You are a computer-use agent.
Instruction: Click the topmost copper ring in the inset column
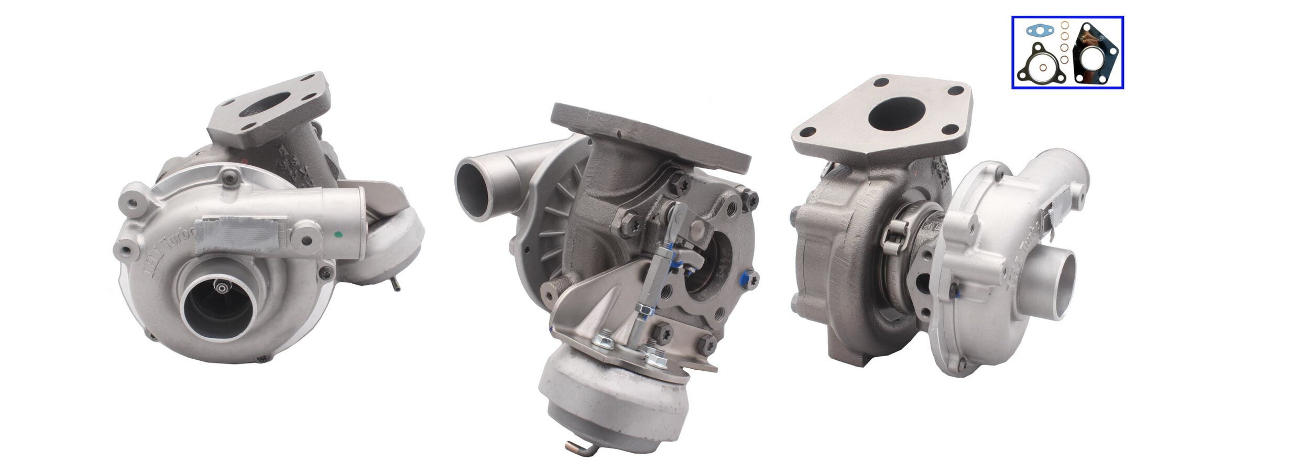1065,26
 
